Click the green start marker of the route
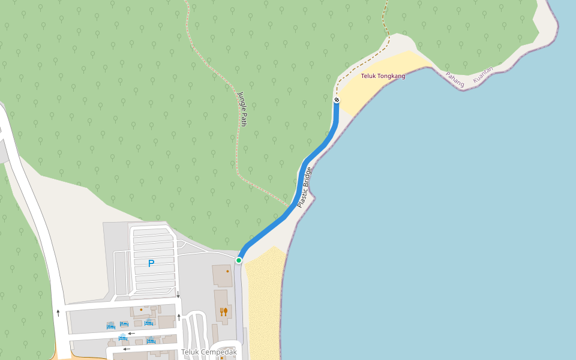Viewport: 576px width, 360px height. [x=239, y=260]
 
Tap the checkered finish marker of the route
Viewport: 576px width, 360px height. [x=337, y=100]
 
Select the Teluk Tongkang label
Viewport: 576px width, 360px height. [x=383, y=76]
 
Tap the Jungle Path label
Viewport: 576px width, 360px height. [x=242, y=109]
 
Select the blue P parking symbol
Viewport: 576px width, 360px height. [x=151, y=263]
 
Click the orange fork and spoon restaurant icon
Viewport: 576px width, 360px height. [x=223, y=311]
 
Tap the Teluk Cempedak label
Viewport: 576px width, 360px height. [x=209, y=352]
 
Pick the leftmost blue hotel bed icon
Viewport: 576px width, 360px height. [x=110, y=326]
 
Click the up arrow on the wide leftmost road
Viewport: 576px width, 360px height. [x=58, y=313]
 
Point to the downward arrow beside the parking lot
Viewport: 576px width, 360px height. [x=178, y=294]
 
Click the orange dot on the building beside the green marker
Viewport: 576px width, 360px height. [x=228, y=271]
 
